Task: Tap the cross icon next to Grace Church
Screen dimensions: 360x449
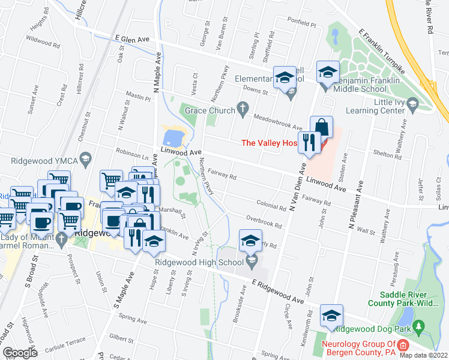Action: [x=243, y=108]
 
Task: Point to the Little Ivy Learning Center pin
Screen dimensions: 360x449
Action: [x=412, y=106]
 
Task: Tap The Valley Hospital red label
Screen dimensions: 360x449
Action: [x=269, y=142]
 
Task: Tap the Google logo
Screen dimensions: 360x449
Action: [x=20, y=352]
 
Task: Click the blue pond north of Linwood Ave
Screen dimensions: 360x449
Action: [x=172, y=137]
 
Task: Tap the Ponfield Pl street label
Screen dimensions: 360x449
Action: [x=301, y=24]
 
